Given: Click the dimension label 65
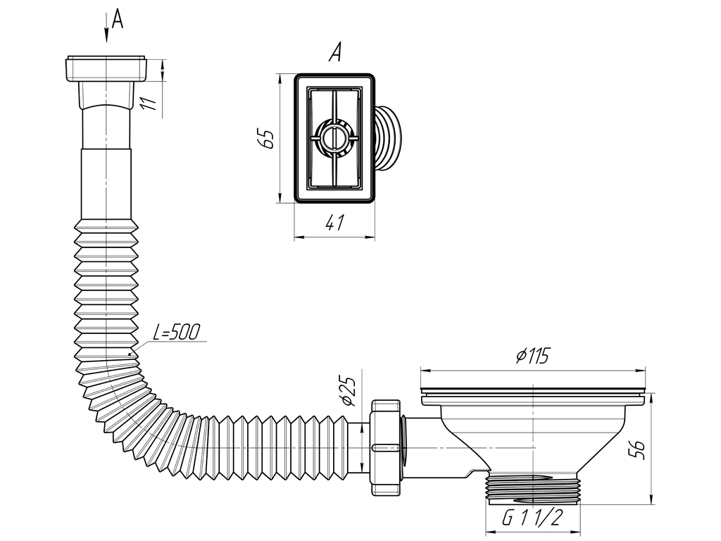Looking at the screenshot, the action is [x=267, y=139].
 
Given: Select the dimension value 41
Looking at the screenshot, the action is [x=334, y=223].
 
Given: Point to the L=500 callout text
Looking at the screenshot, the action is [x=177, y=332].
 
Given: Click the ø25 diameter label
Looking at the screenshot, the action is [x=350, y=391].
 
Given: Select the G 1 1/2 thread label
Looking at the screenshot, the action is [x=532, y=518].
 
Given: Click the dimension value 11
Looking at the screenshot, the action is [x=149, y=103].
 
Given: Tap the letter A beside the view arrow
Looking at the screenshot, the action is [x=118, y=19].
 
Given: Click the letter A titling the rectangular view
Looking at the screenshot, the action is [x=335, y=52].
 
